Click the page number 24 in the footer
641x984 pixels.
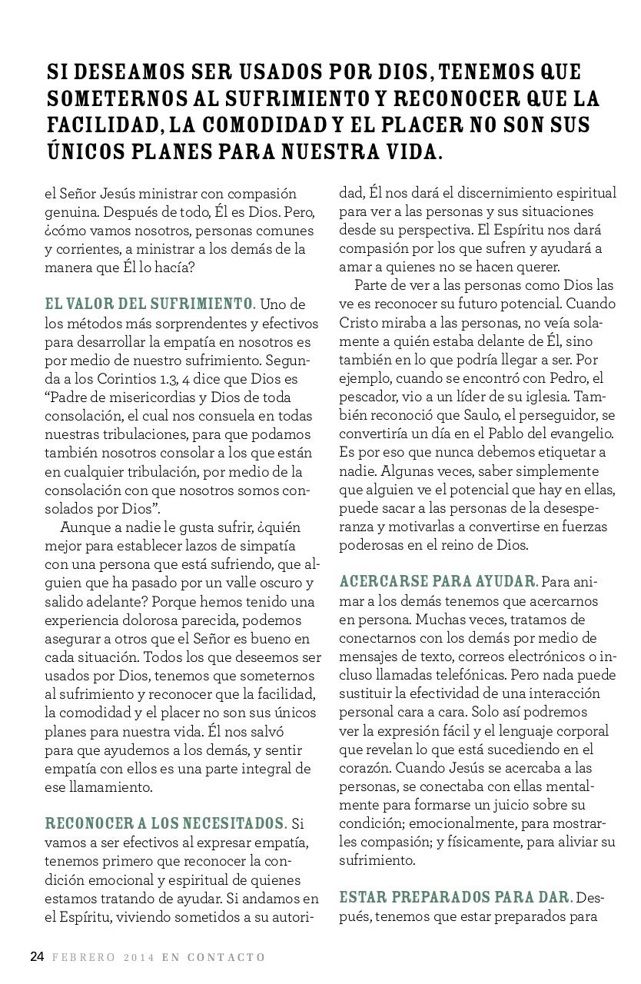click(x=37, y=957)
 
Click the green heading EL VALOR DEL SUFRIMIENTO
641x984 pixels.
click(x=150, y=304)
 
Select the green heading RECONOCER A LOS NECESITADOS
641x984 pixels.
click(x=165, y=824)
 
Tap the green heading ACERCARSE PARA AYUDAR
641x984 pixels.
click(x=438, y=581)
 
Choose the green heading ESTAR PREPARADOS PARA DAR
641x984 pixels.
click(x=456, y=898)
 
